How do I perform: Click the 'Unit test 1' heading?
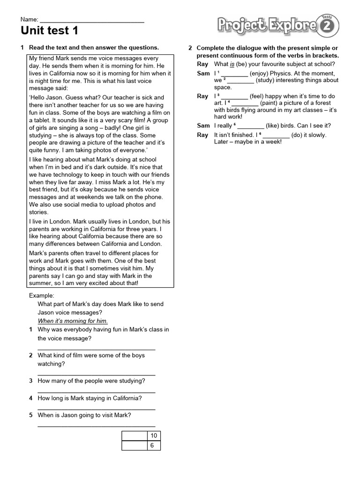pyautogui.click(x=50, y=31)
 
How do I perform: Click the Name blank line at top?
pyautogui.click(x=92, y=22)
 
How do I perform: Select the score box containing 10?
pyautogui.click(x=153, y=436)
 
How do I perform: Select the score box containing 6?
pyautogui.click(x=152, y=446)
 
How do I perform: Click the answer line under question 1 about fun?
pyautogui.click(x=96, y=349)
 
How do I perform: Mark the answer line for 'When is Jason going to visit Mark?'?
pyautogui.click(x=96, y=426)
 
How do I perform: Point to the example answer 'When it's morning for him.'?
pyautogui.click(x=73, y=321)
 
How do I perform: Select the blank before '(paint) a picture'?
pyautogui.click(x=245, y=103)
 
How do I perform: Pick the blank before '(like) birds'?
pyautogui.click(x=251, y=126)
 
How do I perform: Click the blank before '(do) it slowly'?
pyautogui.click(x=276, y=135)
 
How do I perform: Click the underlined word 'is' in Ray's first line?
pyautogui.click(x=232, y=64)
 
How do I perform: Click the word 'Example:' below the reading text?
pyautogui.click(x=42, y=296)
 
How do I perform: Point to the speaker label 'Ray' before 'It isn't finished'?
pyautogui.click(x=202, y=135)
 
